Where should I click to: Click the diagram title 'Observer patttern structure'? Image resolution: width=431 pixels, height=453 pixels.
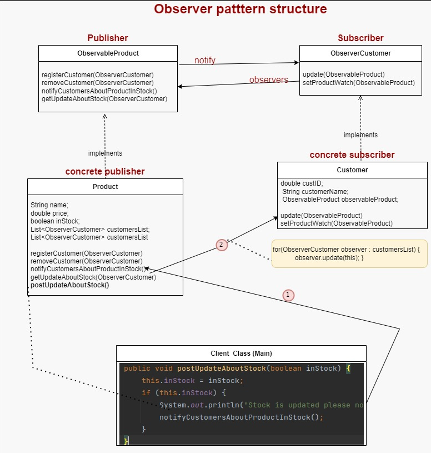click(x=240, y=9)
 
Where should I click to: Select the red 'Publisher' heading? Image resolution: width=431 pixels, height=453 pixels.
click(x=108, y=38)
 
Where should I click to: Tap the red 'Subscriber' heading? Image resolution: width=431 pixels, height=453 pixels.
click(x=360, y=38)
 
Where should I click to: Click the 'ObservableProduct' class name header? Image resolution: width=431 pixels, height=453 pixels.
click(x=108, y=53)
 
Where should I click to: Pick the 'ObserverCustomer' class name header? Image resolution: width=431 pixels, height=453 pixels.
click(x=360, y=53)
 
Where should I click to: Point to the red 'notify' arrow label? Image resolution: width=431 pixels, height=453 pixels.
click(x=205, y=60)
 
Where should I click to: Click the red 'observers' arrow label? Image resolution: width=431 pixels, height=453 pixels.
click(x=269, y=79)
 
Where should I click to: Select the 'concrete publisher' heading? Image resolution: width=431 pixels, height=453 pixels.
click(x=105, y=171)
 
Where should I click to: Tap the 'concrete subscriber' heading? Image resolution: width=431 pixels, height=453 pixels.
click(x=352, y=155)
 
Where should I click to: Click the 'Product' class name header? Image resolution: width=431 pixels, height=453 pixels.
click(x=105, y=187)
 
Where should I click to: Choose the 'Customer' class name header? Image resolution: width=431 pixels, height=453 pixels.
click(x=352, y=170)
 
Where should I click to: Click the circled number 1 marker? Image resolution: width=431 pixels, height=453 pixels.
click(x=288, y=295)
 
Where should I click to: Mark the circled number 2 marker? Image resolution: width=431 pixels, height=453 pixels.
click(x=222, y=245)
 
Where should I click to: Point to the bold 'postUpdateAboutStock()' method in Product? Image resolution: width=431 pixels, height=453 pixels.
click(x=70, y=286)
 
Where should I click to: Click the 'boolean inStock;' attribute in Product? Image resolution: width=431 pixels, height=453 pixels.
click(x=55, y=221)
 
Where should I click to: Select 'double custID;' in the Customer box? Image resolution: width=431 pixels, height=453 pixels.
click(x=302, y=183)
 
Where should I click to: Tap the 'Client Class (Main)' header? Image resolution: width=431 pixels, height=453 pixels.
click(x=241, y=354)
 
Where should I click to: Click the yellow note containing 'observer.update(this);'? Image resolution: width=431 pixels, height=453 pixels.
click(x=349, y=253)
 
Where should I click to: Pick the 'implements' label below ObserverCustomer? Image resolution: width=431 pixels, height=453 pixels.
click(x=360, y=135)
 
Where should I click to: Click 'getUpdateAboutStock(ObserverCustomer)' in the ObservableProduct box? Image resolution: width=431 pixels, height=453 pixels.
click(x=104, y=99)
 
